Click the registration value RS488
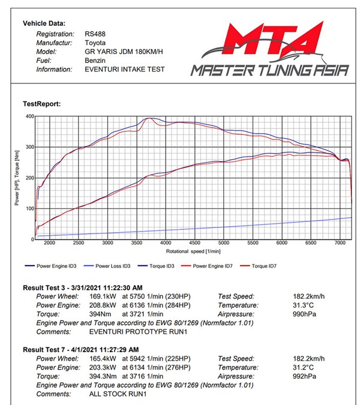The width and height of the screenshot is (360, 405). point(97,34)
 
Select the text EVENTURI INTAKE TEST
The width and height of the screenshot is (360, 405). point(124,69)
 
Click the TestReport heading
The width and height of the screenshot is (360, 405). point(42,103)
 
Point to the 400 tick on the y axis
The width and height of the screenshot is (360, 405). point(28,116)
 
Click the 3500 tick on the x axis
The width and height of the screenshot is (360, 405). point(166,244)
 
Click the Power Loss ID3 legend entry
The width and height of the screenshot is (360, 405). point(113,266)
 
